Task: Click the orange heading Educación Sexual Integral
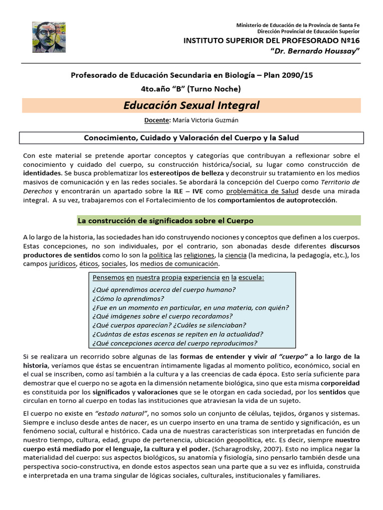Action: pyautogui.click(x=191, y=105)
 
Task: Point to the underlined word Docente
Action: pyautogui.click(x=157, y=120)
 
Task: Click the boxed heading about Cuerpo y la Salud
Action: pyautogui.click(x=191, y=137)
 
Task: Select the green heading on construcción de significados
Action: pyautogui.click(x=166, y=221)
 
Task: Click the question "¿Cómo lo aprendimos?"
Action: pyautogui.click(x=128, y=298)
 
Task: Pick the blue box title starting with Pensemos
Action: pyautogui.click(x=178, y=277)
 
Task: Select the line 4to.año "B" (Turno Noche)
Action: pyautogui.click(x=191, y=89)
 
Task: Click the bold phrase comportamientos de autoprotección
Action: pyautogui.click(x=277, y=200)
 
